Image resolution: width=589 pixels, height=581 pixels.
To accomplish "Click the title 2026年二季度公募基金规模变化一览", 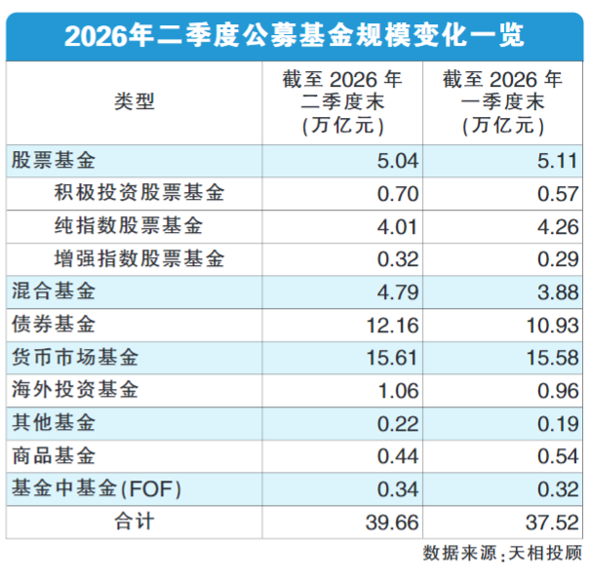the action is [x=294, y=36].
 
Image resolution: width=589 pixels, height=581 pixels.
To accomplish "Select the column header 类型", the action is [x=135, y=101].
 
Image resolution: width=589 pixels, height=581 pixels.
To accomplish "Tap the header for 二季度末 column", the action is [x=342, y=102].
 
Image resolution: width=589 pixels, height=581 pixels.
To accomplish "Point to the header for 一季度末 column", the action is [x=502, y=102].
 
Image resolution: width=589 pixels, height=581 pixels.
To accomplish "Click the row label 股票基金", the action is [x=54, y=161].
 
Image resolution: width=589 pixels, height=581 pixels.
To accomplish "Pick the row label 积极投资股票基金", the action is [x=139, y=193].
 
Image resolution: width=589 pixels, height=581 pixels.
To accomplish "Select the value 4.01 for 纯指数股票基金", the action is [x=398, y=227].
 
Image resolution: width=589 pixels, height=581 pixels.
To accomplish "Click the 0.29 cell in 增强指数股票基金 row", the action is [x=558, y=259].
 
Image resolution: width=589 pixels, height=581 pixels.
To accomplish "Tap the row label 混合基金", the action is [x=54, y=291].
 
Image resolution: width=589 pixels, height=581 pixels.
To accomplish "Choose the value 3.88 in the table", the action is [x=558, y=292].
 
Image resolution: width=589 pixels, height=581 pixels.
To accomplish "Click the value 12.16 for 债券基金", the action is [x=392, y=326].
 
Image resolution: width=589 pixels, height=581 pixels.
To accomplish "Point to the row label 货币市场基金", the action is [x=75, y=357].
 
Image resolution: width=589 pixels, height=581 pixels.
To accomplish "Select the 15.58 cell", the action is [x=553, y=358].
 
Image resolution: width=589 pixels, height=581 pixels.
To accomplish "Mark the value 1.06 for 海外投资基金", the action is [x=398, y=391].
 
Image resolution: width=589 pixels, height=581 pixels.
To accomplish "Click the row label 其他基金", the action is [x=54, y=423].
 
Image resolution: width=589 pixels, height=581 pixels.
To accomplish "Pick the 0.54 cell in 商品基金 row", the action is [x=558, y=456].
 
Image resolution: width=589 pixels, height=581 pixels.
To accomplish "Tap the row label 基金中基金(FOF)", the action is [x=97, y=488].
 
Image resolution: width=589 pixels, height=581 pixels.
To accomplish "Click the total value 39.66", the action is [x=392, y=523].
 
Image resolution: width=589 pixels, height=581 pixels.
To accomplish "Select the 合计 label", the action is [x=135, y=522].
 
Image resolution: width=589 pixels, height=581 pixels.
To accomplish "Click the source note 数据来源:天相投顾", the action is [x=502, y=554].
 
